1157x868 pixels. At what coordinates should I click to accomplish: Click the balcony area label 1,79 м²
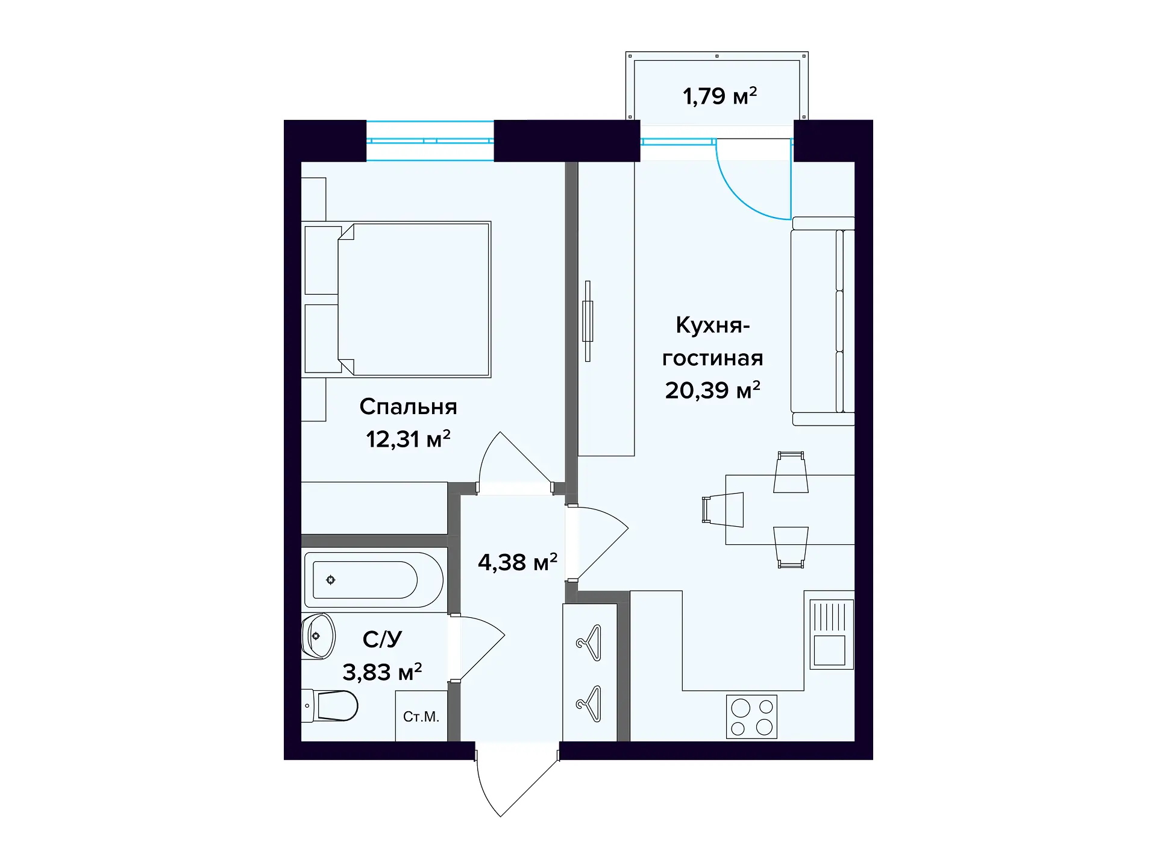click(x=719, y=96)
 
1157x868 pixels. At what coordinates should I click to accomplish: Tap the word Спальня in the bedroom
click(x=408, y=407)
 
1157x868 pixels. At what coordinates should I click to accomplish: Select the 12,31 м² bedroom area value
click(x=408, y=439)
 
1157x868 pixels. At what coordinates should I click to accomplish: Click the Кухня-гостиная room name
click(x=712, y=341)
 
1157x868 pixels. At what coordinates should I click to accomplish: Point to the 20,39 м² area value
click(x=712, y=391)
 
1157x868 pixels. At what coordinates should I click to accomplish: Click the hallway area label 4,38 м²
click(x=517, y=562)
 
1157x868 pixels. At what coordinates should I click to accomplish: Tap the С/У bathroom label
click(x=382, y=639)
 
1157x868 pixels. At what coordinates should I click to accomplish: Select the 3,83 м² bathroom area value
click(x=382, y=671)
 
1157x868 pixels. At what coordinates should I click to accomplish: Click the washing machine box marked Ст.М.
click(x=421, y=716)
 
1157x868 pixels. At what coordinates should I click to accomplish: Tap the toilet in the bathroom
click(x=331, y=705)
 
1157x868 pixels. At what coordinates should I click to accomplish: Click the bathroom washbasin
click(x=318, y=636)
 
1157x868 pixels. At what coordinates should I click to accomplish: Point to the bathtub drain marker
click(x=330, y=580)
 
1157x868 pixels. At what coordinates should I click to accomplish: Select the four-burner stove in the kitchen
click(x=751, y=717)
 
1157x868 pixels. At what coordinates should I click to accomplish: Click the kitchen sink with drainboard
click(x=829, y=634)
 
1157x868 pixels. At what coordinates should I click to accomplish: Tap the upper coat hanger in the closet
click(x=589, y=643)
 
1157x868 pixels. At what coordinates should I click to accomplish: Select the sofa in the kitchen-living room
click(x=822, y=321)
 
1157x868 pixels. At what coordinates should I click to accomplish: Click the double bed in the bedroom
click(x=398, y=300)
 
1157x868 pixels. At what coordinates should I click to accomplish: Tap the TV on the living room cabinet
click(x=588, y=321)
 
